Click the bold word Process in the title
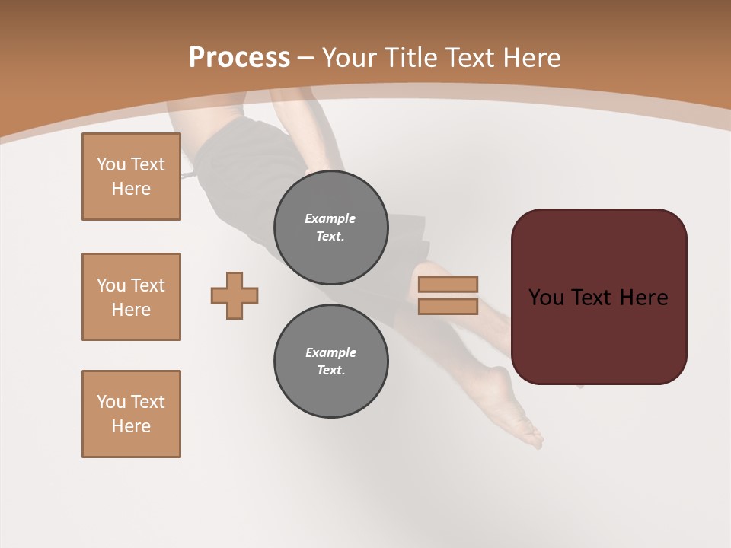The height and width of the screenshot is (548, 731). (239, 58)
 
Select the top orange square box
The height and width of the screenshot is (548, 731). (131, 177)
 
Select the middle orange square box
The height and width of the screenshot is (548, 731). (131, 297)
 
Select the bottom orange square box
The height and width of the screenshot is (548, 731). (131, 414)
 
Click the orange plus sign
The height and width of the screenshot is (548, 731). (235, 295)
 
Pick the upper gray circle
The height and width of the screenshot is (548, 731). (331, 227)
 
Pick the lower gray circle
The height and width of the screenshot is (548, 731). (331, 361)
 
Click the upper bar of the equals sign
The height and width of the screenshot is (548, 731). (448, 284)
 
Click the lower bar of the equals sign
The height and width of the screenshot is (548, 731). (448, 306)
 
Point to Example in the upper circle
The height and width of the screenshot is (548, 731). (330, 218)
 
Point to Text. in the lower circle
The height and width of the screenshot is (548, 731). (331, 370)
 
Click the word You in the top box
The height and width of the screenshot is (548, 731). (110, 164)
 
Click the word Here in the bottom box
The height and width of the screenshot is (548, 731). (131, 426)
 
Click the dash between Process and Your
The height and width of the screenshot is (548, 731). (306, 58)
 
